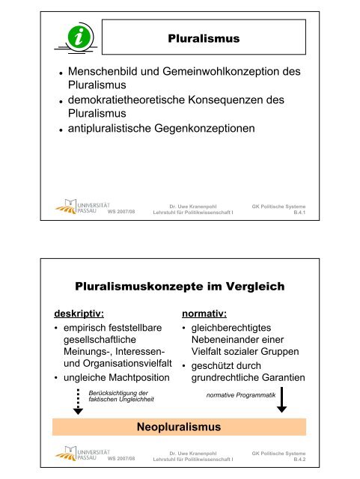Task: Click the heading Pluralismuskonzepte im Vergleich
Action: pyautogui.click(x=180, y=285)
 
